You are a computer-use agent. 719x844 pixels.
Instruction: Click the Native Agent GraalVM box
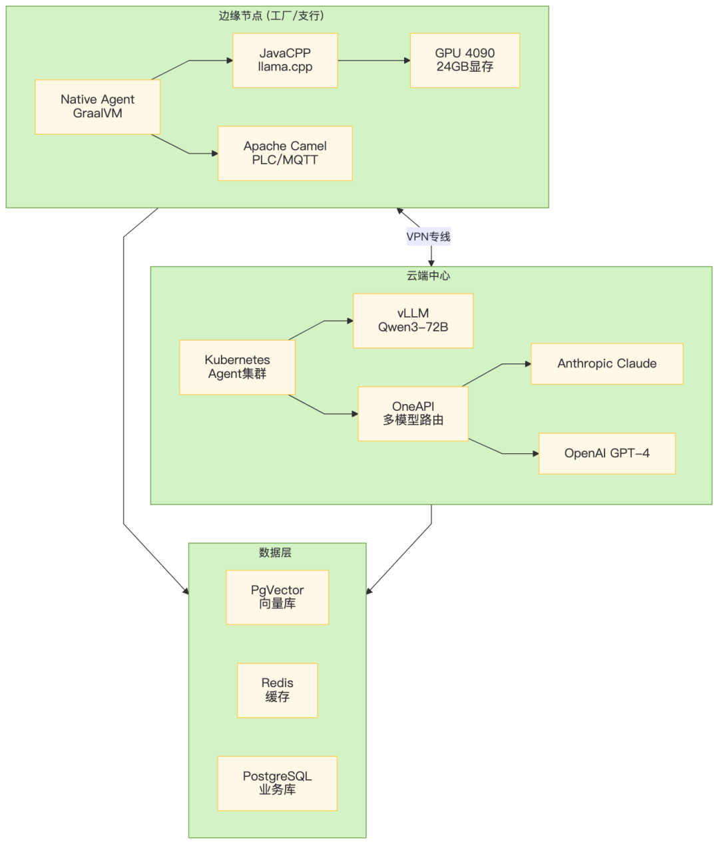pyautogui.click(x=98, y=106)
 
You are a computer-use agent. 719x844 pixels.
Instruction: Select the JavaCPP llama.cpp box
pyautogui.click(x=285, y=61)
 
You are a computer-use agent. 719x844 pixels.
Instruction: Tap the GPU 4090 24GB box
pyautogui.click(x=465, y=61)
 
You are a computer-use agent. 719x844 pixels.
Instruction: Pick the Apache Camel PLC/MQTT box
pyautogui.click(x=285, y=154)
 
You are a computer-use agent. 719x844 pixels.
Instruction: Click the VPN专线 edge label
pyautogui.click(x=429, y=236)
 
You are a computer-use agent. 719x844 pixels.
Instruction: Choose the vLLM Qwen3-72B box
pyautogui.click(x=413, y=321)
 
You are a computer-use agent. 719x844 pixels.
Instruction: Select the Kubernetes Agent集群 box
pyautogui.click(x=238, y=367)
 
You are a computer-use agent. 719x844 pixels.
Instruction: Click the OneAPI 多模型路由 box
pyautogui.click(x=413, y=413)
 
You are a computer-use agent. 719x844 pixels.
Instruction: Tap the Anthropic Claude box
pyautogui.click(x=607, y=364)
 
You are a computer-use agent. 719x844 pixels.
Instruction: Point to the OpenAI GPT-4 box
pyautogui.click(x=607, y=453)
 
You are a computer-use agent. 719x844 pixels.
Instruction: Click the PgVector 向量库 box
pyautogui.click(x=278, y=597)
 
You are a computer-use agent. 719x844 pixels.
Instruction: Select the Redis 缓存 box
pyautogui.click(x=278, y=690)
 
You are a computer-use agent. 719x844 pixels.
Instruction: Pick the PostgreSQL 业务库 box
pyautogui.click(x=278, y=783)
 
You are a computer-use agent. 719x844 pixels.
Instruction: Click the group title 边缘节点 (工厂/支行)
pyautogui.click(x=271, y=15)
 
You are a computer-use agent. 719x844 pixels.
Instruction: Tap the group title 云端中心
pyautogui.click(x=429, y=276)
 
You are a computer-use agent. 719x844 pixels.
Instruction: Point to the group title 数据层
pyautogui.click(x=276, y=552)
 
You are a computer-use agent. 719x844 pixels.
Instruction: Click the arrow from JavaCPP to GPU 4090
pyautogui.click(x=373, y=61)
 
